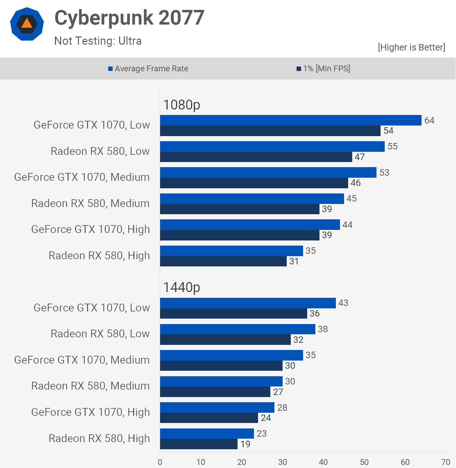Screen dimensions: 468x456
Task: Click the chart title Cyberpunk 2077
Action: (x=129, y=18)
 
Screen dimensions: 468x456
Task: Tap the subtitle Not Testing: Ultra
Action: (x=98, y=41)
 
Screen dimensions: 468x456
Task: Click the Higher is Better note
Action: (x=411, y=47)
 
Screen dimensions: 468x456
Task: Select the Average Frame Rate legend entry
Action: (x=148, y=69)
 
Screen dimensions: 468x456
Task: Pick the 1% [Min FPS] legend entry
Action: (x=323, y=69)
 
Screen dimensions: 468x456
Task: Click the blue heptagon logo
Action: (x=27, y=24)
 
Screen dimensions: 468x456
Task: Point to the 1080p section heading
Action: (x=182, y=105)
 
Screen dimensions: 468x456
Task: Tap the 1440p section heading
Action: (x=182, y=287)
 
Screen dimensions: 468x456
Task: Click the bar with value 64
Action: (x=290, y=120)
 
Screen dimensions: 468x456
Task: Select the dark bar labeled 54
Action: (x=270, y=131)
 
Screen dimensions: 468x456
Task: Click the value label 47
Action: (x=360, y=157)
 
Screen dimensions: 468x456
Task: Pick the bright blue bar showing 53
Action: (x=268, y=173)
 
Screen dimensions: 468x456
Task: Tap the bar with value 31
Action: (x=223, y=261)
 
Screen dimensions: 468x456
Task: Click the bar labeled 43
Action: (x=248, y=303)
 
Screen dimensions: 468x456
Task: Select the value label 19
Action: (x=245, y=444)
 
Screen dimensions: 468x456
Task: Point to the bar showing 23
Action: (x=207, y=434)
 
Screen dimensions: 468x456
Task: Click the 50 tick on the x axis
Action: (x=364, y=462)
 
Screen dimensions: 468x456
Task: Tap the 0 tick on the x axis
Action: (x=160, y=462)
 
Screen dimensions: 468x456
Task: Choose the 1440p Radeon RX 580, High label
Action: (x=99, y=438)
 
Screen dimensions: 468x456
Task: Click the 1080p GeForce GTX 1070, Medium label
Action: (x=82, y=177)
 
